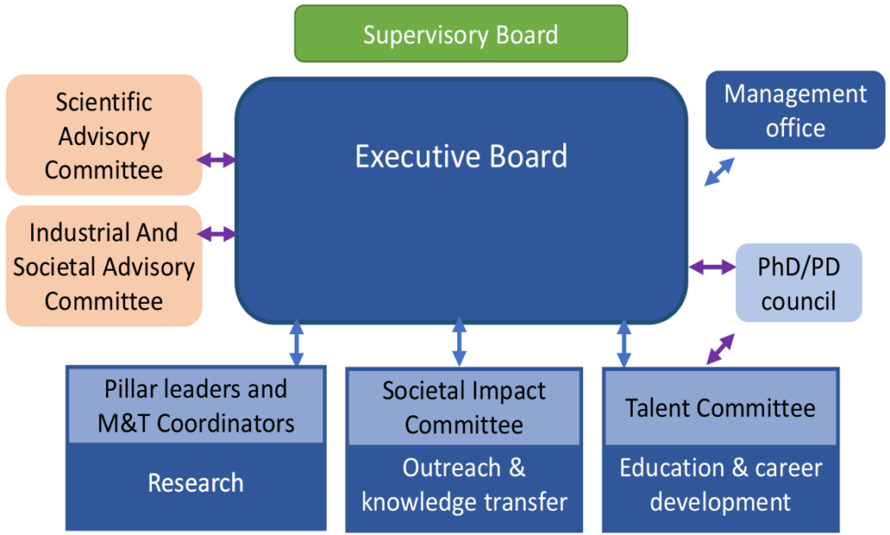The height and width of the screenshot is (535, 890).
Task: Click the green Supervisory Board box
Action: pos(461,35)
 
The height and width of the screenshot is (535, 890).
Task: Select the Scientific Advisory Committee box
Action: pos(104,135)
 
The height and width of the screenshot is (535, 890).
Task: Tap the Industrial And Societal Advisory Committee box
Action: pos(104,267)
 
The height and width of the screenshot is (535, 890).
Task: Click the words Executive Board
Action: pos(461,156)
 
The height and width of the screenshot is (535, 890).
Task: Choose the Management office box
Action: pos(794,110)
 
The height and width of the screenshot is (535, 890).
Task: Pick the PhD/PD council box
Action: pos(800,283)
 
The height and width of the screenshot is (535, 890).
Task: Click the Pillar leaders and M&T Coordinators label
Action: pos(196,406)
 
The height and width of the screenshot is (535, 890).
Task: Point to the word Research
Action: pos(196,482)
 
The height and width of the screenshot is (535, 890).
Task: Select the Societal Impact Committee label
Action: pos(463,407)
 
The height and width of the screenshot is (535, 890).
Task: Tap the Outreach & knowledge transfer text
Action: pos(463,485)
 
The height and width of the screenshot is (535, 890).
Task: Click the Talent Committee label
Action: pos(721,408)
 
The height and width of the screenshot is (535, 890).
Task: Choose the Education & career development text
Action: pos(721,485)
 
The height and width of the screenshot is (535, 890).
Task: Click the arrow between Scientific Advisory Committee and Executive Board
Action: pos(217,160)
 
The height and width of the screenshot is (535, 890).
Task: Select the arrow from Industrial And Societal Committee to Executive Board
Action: pos(217,234)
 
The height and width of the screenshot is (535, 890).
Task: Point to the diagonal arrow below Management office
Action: pos(719,172)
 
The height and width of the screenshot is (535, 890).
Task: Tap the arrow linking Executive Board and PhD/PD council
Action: pos(712,267)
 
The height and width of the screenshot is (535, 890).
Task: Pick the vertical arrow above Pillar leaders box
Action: pos(296,342)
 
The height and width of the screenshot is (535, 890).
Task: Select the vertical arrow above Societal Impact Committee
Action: pos(459,342)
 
